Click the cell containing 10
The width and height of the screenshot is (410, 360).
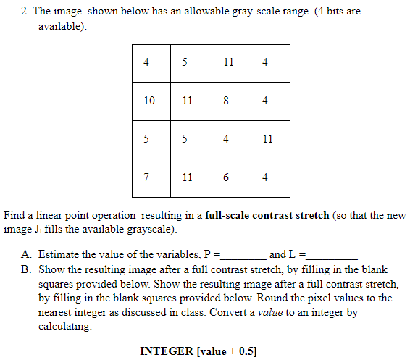click(x=149, y=101)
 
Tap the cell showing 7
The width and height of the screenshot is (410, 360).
click(x=149, y=177)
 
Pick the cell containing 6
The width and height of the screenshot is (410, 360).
click(x=225, y=177)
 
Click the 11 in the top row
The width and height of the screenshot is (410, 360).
click(x=228, y=62)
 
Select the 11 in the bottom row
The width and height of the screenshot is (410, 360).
click(x=188, y=177)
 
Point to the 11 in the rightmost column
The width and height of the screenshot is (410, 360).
click(x=267, y=139)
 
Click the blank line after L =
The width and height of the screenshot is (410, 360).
click(x=332, y=255)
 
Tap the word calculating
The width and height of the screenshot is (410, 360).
click(x=65, y=327)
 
